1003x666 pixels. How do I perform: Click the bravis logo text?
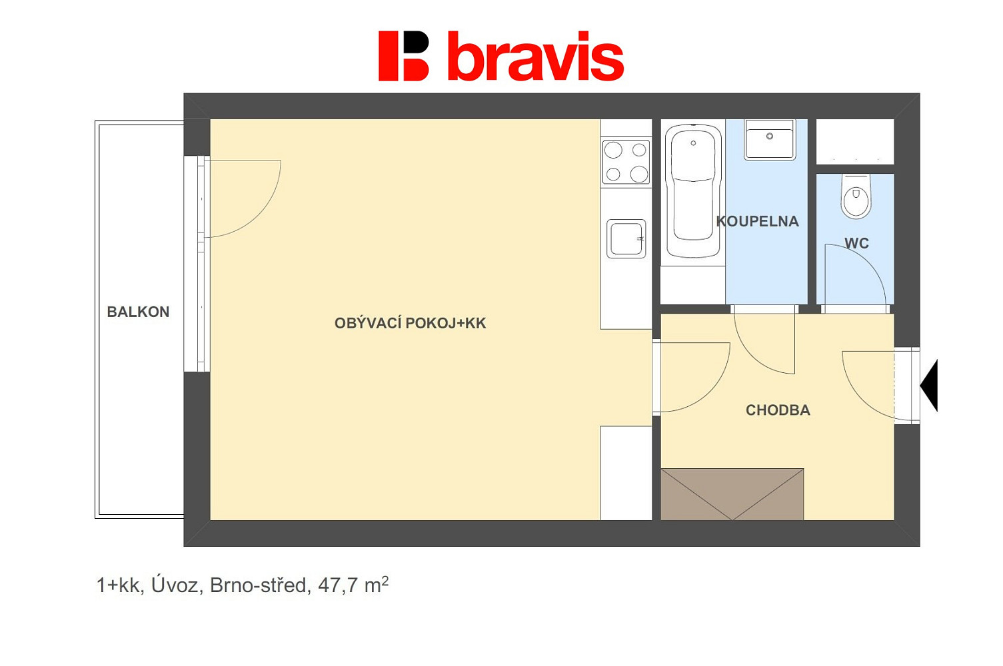point(536,56)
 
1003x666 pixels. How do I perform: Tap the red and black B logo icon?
point(403,56)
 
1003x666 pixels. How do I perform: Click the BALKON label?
point(138,312)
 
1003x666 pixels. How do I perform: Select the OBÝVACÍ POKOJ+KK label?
point(410,323)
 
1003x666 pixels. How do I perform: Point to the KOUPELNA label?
point(757,221)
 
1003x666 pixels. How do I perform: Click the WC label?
point(856,243)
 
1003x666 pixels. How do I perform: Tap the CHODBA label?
point(778,410)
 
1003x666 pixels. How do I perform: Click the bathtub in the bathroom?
point(693,191)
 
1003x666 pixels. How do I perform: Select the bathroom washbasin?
point(770,140)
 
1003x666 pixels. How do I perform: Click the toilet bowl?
point(856,196)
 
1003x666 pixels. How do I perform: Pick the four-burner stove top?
point(626,162)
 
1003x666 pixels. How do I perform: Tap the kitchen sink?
point(626,238)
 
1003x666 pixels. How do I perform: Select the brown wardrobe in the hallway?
point(732,494)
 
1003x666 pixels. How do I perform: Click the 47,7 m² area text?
point(353,585)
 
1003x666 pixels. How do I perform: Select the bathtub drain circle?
point(693,143)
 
